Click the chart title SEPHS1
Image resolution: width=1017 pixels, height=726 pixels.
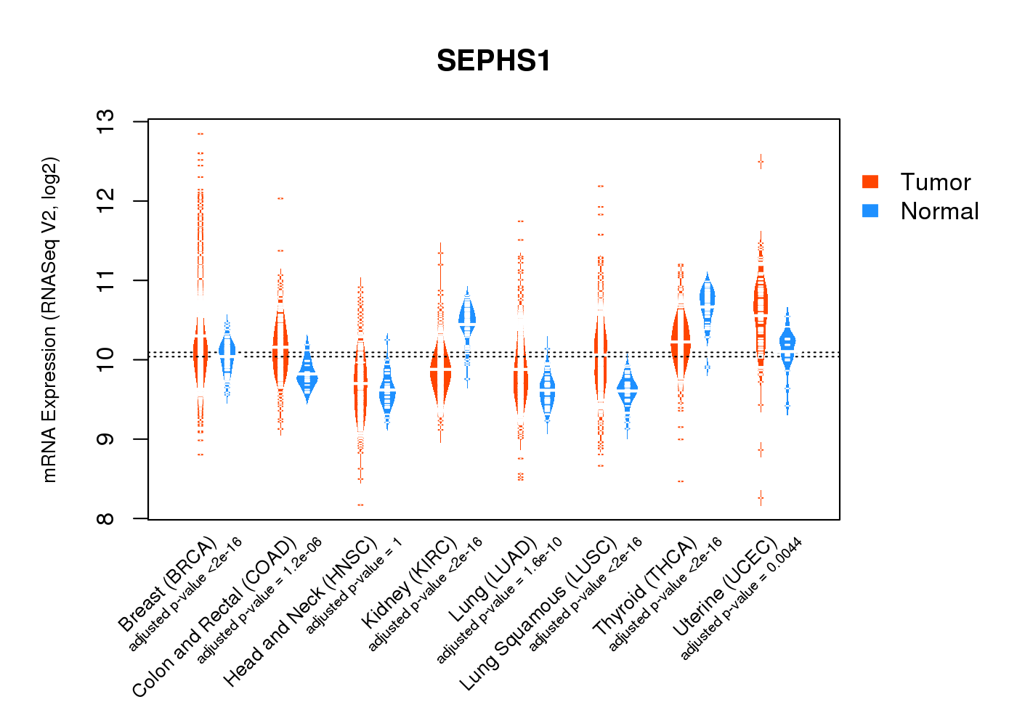(493, 61)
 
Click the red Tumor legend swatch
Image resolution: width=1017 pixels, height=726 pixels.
(870, 181)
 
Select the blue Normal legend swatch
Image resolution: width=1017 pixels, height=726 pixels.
(870, 211)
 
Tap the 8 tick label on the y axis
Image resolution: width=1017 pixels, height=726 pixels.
(105, 518)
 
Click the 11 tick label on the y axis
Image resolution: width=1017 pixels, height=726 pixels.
(105, 280)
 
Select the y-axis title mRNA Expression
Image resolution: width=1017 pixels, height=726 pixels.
(49, 319)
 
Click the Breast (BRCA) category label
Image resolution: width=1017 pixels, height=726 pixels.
(167, 584)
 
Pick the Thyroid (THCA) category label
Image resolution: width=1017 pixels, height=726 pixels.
(644, 587)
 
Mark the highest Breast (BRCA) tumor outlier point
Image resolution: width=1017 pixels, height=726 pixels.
(200, 134)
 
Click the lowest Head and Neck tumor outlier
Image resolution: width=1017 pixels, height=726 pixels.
(360, 505)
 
